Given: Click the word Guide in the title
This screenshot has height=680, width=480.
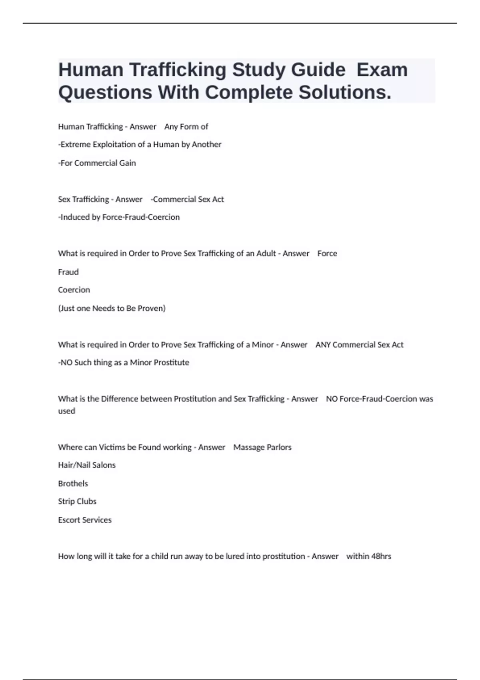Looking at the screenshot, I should click(318, 70).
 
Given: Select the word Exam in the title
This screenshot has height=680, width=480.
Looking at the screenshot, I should click(382, 70).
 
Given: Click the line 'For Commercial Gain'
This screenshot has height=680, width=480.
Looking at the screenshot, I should click(97, 163).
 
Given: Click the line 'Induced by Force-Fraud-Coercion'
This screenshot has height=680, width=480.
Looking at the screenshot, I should click(119, 217).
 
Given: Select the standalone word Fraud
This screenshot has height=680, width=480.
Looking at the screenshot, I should click(68, 272).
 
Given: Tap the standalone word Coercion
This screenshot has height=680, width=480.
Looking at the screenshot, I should click(74, 290).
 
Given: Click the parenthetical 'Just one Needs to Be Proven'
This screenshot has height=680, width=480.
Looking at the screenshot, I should click(112, 308).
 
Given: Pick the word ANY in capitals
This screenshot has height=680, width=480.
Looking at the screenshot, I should click(323, 345).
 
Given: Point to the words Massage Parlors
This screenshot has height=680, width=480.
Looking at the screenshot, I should click(262, 447).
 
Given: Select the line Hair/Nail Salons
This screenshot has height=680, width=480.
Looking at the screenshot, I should click(87, 465).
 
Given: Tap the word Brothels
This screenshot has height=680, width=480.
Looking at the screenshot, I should click(73, 484).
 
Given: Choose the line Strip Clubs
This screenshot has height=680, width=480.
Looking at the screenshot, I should click(77, 502).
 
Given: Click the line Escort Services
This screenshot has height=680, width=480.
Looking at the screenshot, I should click(85, 520).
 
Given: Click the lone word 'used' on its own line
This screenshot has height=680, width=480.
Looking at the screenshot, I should click(66, 411).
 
